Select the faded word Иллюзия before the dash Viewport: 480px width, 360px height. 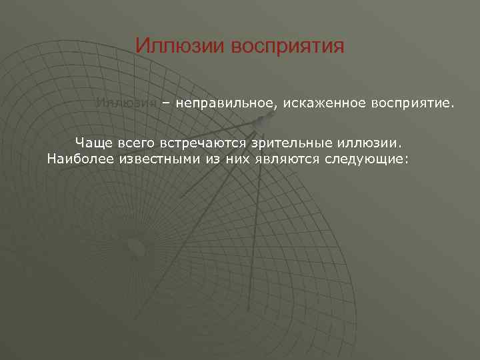[126, 104]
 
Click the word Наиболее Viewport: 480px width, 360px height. [79, 160]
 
